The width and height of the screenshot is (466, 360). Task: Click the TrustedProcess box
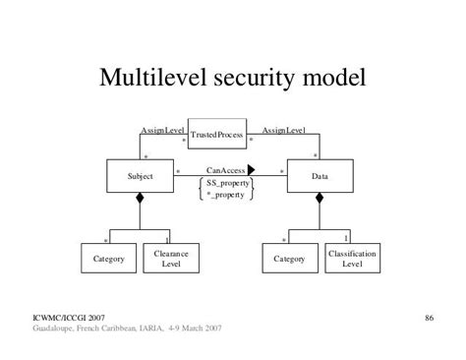tap(215, 134)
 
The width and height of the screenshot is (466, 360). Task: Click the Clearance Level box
tap(171, 259)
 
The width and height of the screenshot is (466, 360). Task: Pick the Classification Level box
tap(352, 259)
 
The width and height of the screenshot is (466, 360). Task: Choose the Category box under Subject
tap(108, 259)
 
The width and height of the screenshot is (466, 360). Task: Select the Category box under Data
tap(289, 259)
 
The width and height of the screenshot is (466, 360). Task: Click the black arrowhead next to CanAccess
tap(252, 170)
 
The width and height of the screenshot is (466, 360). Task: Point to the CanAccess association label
tap(225, 170)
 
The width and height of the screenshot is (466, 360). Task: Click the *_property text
tap(225, 194)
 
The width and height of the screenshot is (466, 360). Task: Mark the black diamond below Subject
tap(140, 200)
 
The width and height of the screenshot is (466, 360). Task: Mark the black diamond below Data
tap(319, 200)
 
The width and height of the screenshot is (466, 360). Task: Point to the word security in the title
tap(255, 77)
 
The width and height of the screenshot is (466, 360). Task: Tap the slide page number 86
tap(430, 317)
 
